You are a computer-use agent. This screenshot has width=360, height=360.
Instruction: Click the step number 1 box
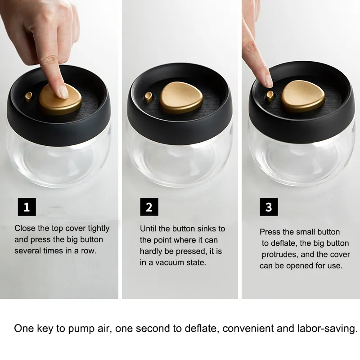[x=27, y=207]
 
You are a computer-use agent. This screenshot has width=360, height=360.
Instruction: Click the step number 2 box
[x=149, y=207]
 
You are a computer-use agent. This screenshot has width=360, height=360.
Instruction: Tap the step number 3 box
[x=269, y=207]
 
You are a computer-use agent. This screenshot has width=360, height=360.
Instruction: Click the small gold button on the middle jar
[x=149, y=96]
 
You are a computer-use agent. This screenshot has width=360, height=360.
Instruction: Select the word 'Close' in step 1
[x=25, y=228]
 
